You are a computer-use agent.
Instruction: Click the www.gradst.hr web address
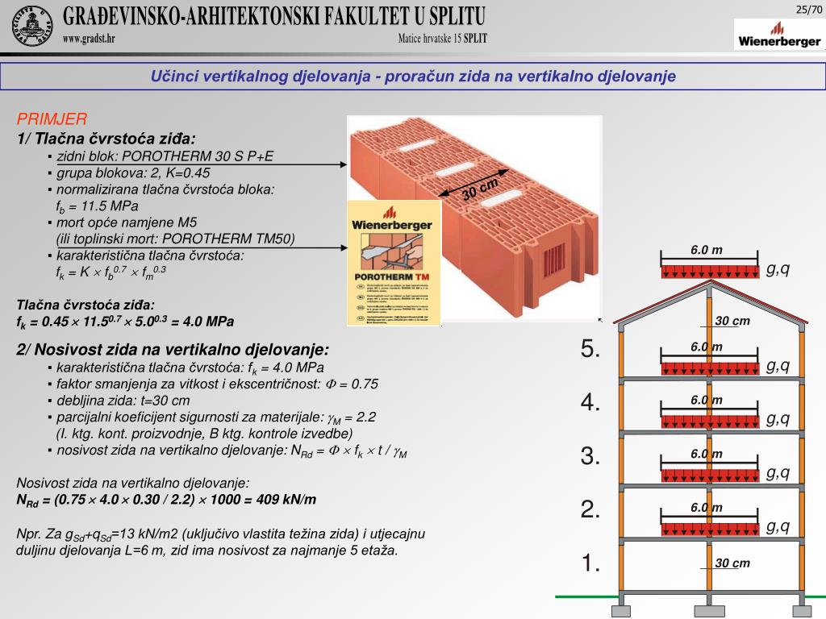tap(89, 39)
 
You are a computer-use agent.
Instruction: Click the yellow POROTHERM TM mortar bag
tap(394, 263)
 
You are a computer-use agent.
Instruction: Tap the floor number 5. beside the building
tap(590, 349)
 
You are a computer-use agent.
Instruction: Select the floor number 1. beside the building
tap(590, 563)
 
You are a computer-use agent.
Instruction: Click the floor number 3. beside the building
tap(590, 456)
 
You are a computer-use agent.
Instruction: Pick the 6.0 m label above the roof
tap(707, 251)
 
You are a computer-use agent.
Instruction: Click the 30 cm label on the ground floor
tap(732, 563)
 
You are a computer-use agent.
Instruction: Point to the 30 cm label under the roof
tap(732, 322)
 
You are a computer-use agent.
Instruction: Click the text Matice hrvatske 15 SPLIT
tap(442, 39)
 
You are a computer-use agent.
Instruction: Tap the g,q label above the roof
tap(778, 268)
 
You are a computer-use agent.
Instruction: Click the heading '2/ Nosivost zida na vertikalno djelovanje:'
tap(173, 350)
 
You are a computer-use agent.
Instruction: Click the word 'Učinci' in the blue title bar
tap(174, 77)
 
